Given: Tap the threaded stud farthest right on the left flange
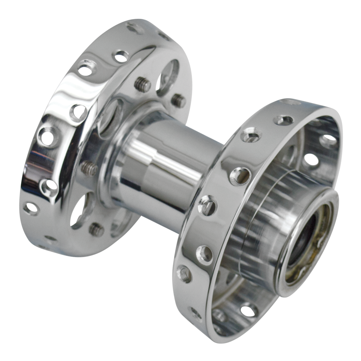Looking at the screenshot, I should click(x=179, y=100).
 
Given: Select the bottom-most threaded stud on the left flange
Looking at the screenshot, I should click(x=96, y=229).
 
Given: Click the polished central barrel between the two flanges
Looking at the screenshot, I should click(x=169, y=162).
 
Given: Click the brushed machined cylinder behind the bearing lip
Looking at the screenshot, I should click(x=259, y=211).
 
